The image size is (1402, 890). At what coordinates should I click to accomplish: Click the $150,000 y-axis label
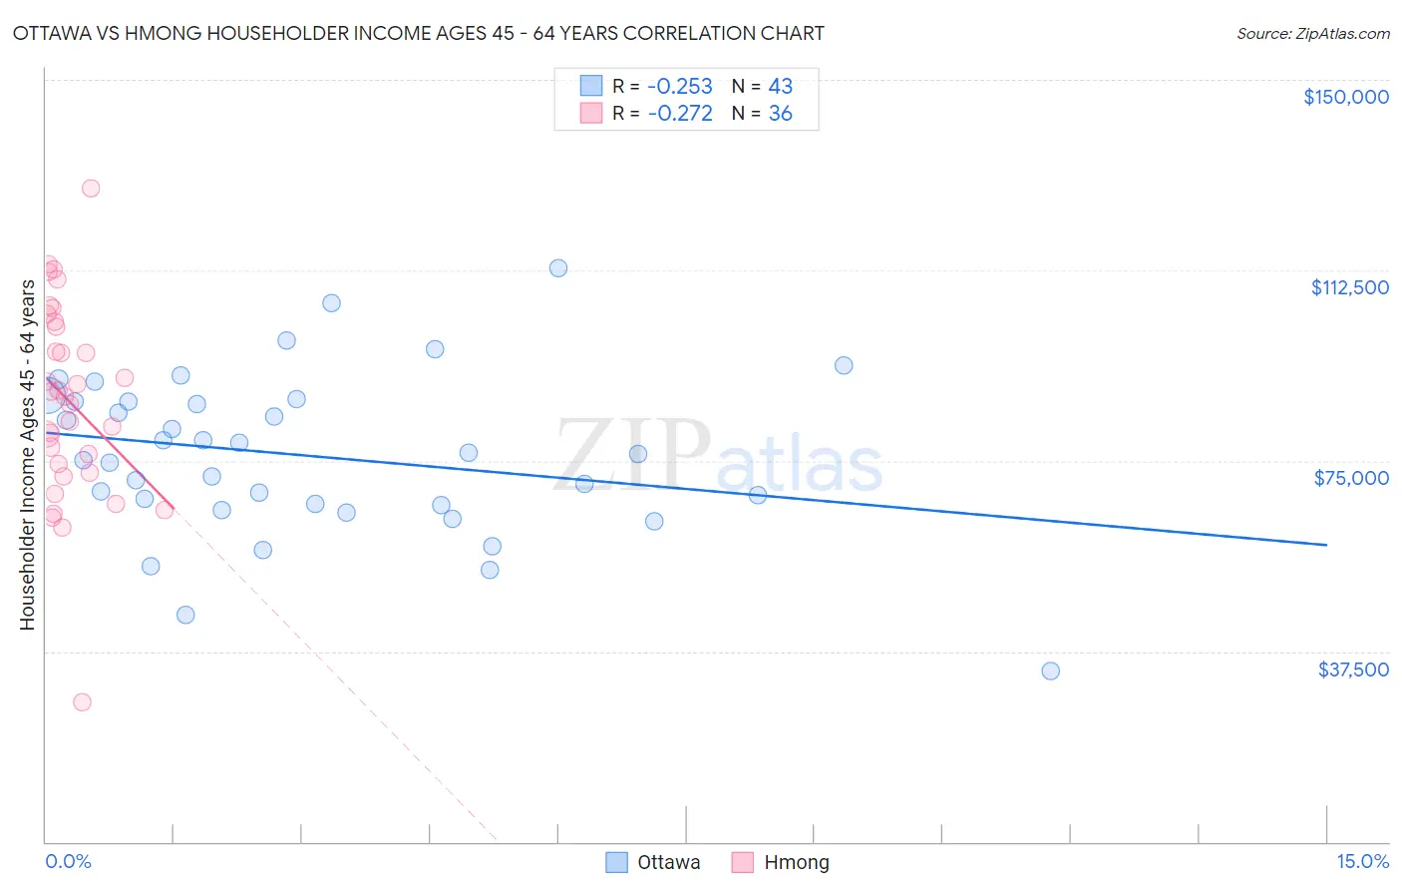[1345, 97]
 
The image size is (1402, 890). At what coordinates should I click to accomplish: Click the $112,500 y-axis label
[1349, 287]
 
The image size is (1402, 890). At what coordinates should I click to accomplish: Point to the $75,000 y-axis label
[1351, 478]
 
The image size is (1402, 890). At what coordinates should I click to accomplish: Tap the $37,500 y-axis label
[1353, 669]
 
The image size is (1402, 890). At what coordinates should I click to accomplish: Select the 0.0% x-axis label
[68, 861]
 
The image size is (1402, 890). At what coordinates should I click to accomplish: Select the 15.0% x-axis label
[1362, 861]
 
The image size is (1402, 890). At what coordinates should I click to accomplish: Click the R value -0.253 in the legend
[680, 86]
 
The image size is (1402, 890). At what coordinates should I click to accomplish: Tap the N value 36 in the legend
[780, 114]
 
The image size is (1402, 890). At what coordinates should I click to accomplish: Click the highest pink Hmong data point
[91, 188]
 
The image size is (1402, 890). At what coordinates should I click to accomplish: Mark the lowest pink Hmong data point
[82, 701]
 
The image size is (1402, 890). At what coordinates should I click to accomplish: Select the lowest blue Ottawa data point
[1050, 670]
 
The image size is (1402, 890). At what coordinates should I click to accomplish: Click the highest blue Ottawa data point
[558, 267]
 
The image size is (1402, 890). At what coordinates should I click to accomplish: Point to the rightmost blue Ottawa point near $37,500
[1050, 670]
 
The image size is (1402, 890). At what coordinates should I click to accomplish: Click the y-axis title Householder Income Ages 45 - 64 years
[28, 454]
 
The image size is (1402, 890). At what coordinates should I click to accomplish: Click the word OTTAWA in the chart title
[55, 33]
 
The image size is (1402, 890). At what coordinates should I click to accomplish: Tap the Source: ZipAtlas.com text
[1312, 33]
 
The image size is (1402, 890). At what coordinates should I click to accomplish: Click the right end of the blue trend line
[1326, 544]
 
